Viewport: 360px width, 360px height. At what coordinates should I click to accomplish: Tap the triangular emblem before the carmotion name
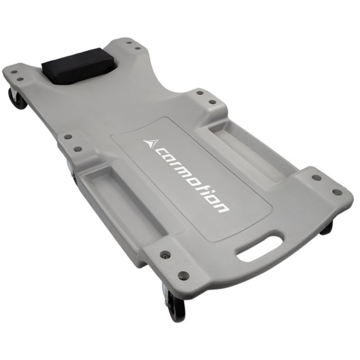coord(151,143)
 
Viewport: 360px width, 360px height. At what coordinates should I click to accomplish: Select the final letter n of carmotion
coord(220,207)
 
